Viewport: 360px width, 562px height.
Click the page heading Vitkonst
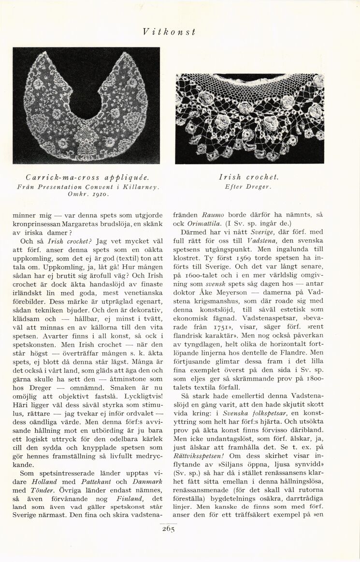pyautogui.click(x=170, y=32)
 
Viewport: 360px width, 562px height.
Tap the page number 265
pyautogui.click(x=168, y=529)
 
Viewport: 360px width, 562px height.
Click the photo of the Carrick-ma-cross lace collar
pyautogui.click(x=86, y=105)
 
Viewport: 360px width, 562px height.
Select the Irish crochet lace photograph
pyautogui.click(x=249, y=118)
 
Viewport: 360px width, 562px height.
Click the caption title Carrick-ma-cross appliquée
pyautogui.click(x=87, y=177)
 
